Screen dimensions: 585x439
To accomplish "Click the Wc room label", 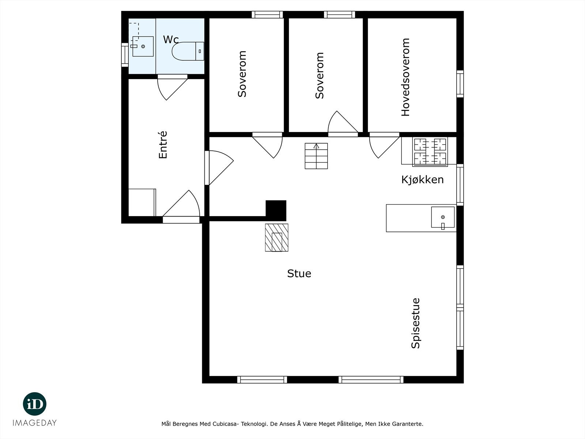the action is (171, 40).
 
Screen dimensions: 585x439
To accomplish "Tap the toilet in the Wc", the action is (188, 51).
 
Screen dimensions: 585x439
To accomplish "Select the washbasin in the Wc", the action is (143, 46).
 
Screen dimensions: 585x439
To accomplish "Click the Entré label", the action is (163, 145).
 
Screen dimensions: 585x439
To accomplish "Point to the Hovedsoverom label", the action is (405, 77).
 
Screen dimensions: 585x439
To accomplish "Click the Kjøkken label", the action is (422, 180).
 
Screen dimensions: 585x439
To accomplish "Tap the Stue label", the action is (299, 274).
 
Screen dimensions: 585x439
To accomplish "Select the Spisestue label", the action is (415, 323).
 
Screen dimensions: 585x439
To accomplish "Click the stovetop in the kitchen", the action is (430, 152).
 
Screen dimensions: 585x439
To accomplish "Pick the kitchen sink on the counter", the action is (443, 217).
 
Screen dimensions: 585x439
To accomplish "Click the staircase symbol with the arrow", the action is (316, 156).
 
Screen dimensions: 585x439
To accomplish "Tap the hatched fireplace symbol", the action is (277, 237).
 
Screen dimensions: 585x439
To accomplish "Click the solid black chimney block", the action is (276, 211).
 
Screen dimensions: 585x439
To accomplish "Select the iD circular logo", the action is (35, 404).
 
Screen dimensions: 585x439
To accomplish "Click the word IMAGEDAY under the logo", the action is (35, 423).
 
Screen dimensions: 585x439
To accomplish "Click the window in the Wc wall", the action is (125, 55).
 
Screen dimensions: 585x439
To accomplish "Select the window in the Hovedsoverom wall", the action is (460, 84).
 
